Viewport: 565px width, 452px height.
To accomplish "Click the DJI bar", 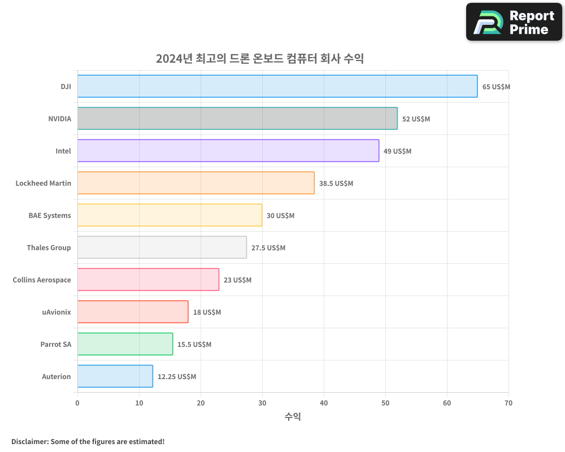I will point(277,86).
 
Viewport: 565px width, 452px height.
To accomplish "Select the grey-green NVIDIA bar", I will point(237,119).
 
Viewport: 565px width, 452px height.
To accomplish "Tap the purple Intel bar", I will point(228,151).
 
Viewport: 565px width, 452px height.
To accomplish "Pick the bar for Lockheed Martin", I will point(195,183).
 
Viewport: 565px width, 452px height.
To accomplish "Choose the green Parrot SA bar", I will point(125,344).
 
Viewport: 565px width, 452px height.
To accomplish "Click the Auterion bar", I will point(115,376).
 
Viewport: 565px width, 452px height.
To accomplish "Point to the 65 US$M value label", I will point(496,87).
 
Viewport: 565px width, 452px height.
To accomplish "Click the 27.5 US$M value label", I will point(268,248).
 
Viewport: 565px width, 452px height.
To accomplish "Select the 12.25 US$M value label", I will point(177,377).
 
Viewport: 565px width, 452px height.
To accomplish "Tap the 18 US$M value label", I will point(207,312).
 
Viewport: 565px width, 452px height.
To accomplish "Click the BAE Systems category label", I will point(50,215).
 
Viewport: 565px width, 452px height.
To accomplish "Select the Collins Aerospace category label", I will point(42,280).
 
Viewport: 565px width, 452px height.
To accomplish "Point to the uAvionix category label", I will point(56,312).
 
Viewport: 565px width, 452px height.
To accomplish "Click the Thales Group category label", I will point(49,247).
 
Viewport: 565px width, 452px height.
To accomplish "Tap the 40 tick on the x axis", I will point(324,403).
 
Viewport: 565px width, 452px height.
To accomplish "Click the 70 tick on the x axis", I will point(508,403).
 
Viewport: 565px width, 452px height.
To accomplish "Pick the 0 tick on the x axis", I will point(77,403).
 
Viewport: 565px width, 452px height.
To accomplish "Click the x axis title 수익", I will point(293,417).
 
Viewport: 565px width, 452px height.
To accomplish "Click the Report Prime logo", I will point(514,22).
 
